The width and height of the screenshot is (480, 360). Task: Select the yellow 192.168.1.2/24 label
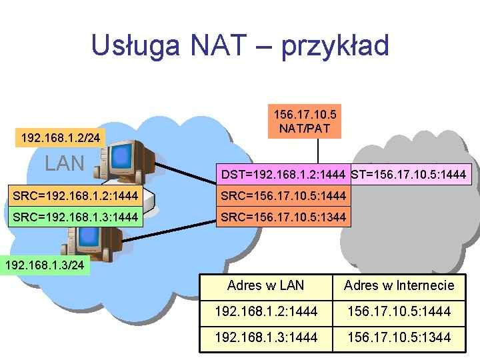(61, 138)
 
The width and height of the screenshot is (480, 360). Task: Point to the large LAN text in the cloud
(64, 163)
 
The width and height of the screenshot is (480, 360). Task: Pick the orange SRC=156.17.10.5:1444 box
(283, 196)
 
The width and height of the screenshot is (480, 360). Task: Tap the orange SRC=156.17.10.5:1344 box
(283, 217)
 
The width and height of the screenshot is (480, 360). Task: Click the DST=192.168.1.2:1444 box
(283, 175)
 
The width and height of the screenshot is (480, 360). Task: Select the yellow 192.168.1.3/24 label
(45, 265)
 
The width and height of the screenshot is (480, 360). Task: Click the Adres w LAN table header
(265, 285)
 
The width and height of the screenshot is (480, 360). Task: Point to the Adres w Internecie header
(399, 285)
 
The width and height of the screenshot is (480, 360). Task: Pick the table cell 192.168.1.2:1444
(265, 311)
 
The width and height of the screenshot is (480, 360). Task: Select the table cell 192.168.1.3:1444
(265, 337)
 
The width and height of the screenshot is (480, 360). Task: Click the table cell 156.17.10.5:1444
(399, 311)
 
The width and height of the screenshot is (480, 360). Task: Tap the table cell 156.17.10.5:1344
(399, 337)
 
